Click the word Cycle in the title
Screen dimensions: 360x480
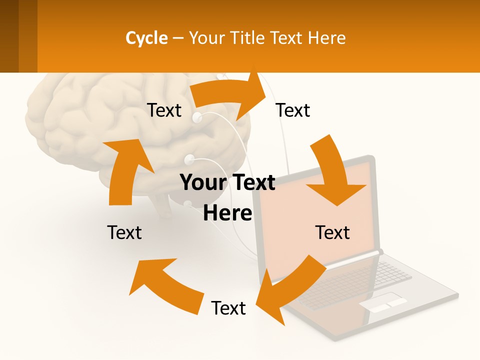[146, 38]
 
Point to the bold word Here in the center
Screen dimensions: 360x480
[227, 213]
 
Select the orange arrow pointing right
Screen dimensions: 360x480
[232, 95]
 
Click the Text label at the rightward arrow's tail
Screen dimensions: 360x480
[164, 110]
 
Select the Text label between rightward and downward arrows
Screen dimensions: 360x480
[293, 110]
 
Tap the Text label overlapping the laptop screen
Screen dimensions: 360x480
[332, 233]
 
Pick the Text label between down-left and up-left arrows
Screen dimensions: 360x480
[228, 308]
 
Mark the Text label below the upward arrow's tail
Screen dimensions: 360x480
[124, 233]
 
